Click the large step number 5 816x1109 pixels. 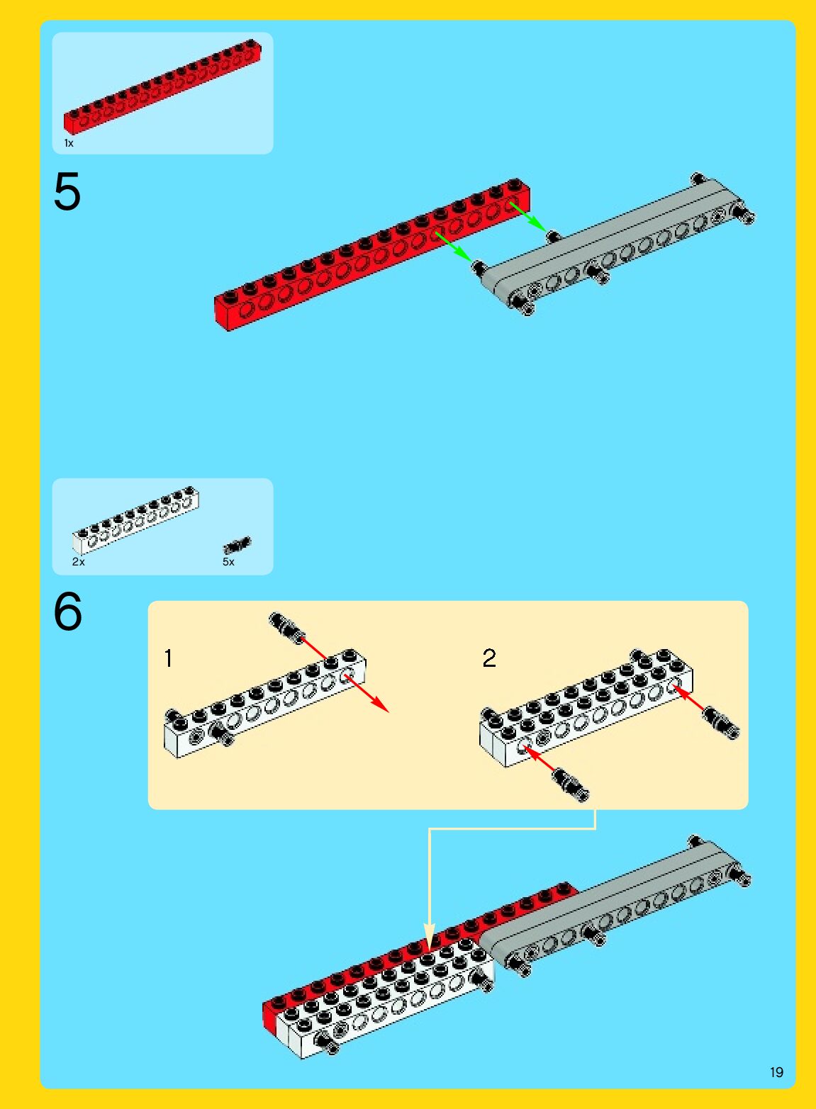pos(67,192)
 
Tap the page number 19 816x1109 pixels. pos(776,1072)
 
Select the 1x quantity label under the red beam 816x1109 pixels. pos(69,143)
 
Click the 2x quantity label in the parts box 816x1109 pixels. pos(78,562)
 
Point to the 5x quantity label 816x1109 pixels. pos(228,562)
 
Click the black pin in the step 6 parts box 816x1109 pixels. pos(237,545)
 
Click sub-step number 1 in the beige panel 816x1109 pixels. pos(168,659)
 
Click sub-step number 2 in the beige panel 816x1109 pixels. pos(489,658)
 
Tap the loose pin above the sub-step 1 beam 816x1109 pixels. pos(286,627)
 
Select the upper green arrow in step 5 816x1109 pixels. pos(528,217)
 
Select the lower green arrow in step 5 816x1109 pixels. pos(454,247)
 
